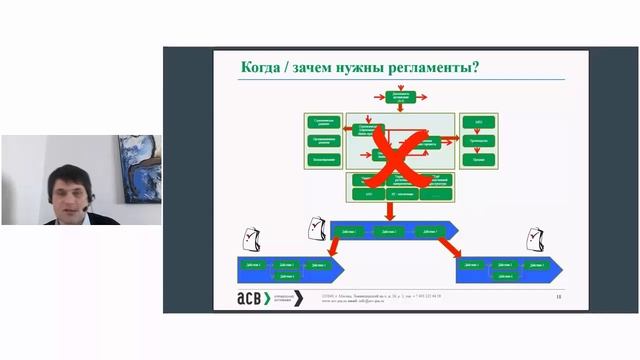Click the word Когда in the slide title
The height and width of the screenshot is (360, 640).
point(262,68)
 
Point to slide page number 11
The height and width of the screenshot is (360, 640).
point(557,297)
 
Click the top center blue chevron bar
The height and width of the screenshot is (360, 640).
point(395,231)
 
